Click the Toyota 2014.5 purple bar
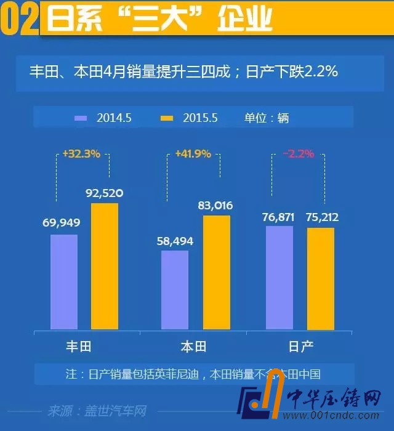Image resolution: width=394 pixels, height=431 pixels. tap(64, 281)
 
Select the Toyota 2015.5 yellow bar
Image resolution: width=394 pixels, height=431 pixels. tap(105, 266)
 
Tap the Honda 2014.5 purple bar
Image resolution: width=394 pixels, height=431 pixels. tap(175, 289)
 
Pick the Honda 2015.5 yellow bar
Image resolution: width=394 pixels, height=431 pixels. tap(216, 272)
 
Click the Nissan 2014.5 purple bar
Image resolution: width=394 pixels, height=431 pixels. tap(279, 277)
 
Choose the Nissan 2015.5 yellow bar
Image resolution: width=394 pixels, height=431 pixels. tap(321, 278)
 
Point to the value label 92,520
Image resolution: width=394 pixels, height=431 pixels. tap(105, 193)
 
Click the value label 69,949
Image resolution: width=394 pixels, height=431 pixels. tap(62, 222)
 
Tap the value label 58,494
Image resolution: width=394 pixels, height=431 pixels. tap(175, 241)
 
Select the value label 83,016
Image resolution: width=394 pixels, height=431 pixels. tap(215, 206)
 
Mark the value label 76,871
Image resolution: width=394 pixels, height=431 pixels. tap(279, 217)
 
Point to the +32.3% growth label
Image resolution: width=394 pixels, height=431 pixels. tap(81, 154)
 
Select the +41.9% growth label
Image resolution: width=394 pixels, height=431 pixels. tap(193, 154)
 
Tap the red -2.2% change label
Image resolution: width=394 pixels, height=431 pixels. tap(299, 154)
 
